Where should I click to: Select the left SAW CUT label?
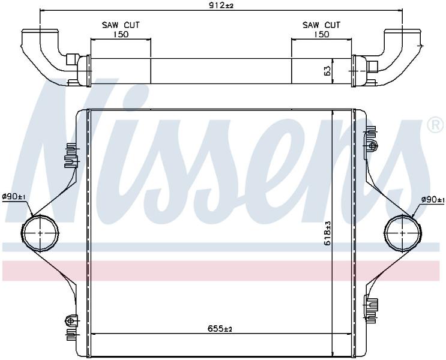pyautogui.click(x=121, y=25)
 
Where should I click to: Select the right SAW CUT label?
pyautogui.click(x=321, y=25)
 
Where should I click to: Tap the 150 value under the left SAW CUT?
pyautogui.click(x=121, y=34)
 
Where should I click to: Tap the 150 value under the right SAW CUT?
pyautogui.click(x=321, y=34)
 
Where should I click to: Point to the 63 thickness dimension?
pyautogui.click(x=327, y=71)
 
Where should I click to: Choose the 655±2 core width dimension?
pyautogui.click(x=220, y=329)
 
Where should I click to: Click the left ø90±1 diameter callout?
pyautogui.click(x=14, y=196)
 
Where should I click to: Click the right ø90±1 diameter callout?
pyautogui.click(x=433, y=200)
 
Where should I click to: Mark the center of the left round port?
pyautogui.click(x=40, y=233)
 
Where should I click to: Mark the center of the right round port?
pyautogui.click(x=403, y=233)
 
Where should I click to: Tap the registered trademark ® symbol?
pyautogui.click(x=435, y=125)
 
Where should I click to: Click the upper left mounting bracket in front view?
pyautogui.click(x=71, y=156)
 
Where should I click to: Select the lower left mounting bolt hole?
pyautogui.click(x=71, y=320)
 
